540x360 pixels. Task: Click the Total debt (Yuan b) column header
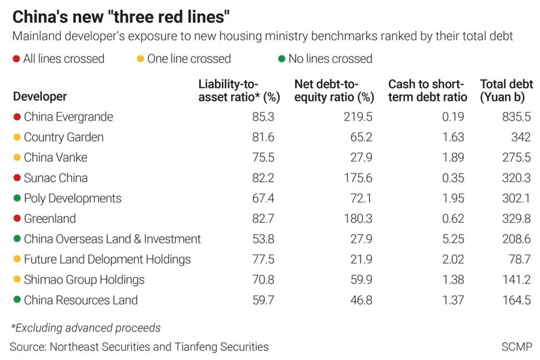click(506, 90)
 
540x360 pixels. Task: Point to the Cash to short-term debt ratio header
click(427, 90)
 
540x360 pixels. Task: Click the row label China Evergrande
click(68, 116)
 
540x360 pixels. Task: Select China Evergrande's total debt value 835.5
click(516, 116)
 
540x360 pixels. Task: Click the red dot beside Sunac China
click(17, 178)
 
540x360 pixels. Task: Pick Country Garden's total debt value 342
click(520, 137)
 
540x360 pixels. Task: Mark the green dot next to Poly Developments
click(17, 199)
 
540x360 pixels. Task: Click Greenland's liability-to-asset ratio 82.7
click(263, 219)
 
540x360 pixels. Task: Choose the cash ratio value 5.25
click(452, 239)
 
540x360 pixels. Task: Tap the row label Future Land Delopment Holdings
click(107, 259)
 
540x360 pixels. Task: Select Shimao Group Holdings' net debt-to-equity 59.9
click(361, 280)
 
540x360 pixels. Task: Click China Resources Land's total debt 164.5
click(516, 300)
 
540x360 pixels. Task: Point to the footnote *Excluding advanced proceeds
click(85, 328)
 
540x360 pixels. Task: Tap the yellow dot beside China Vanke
click(17, 158)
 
